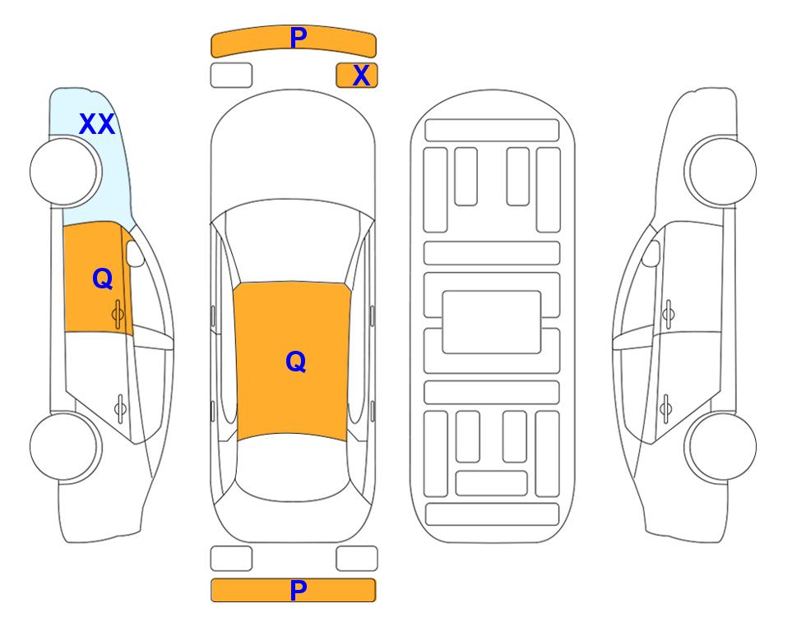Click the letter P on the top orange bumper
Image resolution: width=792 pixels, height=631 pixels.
[x=299, y=37]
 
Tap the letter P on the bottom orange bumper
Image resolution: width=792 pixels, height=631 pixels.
[x=299, y=590]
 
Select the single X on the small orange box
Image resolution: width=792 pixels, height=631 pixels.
[x=361, y=76]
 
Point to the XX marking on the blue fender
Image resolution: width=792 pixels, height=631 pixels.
[x=97, y=124]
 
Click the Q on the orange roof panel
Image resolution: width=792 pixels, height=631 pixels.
[x=296, y=362]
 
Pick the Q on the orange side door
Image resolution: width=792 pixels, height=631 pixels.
[x=103, y=279]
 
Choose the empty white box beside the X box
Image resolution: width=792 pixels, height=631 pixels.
[x=231, y=76]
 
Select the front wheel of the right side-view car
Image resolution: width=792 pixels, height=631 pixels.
[x=720, y=171]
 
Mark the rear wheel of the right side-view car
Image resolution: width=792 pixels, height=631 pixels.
[x=720, y=446]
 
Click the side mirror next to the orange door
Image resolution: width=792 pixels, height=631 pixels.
[x=135, y=253]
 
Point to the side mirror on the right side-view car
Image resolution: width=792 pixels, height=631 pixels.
[x=651, y=253]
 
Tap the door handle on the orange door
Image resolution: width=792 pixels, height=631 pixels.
[x=118, y=314]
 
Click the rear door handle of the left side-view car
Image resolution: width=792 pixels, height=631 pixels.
[x=120, y=408]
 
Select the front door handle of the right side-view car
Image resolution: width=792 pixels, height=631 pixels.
[x=668, y=314]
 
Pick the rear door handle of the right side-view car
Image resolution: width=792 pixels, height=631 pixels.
[x=665, y=408]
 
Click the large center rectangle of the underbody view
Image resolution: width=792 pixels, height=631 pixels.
[x=492, y=322]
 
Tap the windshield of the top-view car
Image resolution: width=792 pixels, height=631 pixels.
[x=292, y=242]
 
